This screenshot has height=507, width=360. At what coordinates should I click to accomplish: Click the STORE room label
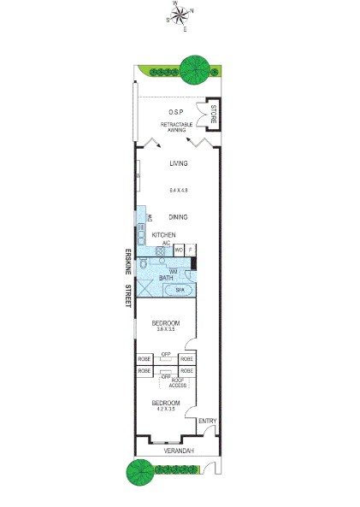pyautogui.click(x=212, y=114)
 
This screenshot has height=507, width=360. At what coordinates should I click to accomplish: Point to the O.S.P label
pyautogui.click(x=177, y=113)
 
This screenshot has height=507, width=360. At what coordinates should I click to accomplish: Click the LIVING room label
pyautogui.click(x=178, y=164)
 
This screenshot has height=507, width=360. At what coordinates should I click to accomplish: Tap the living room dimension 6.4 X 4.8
pyautogui.click(x=178, y=189)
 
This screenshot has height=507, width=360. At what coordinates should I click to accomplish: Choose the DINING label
pyautogui.click(x=178, y=217)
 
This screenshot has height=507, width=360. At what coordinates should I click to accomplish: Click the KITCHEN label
pyautogui.click(x=163, y=234)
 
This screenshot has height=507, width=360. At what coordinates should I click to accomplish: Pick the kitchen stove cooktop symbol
pyautogui.click(x=160, y=251)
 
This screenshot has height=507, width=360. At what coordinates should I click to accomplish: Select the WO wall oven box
pyautogui.click(x=180, y=251)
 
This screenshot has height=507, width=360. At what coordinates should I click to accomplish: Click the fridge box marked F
pyautogui.click(x=191, y=251)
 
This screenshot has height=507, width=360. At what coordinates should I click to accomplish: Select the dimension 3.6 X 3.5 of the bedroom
pyautogui.click(x=165, y=329)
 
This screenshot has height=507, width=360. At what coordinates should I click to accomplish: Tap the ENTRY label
pyautogui.click(x=207, y=421)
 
